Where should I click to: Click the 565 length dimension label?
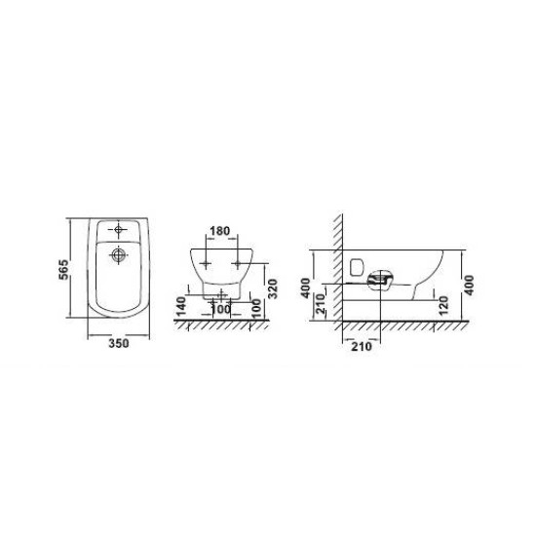point(63,270)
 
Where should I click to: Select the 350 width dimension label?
point(119,343)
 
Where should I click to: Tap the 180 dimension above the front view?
point(219,231)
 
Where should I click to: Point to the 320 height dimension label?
point(272,288)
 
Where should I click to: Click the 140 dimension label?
point(180,306)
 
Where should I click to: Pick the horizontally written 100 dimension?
point(221,309)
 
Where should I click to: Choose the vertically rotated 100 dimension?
point(256,308)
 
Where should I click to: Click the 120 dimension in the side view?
point(443,305)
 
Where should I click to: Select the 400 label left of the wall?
point(306,287)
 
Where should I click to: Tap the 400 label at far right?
point(469,286)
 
